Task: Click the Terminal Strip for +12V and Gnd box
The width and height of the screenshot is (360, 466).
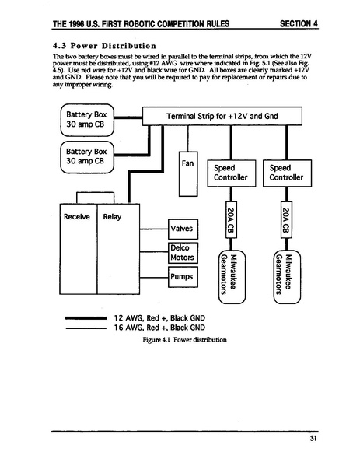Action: pos(222,117)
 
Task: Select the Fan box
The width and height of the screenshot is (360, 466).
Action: pos(187,173)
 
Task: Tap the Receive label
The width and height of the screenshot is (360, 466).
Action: pos(76,216)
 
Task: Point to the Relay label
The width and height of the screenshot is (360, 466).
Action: pos(112,216)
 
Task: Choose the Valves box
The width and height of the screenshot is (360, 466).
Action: pos(183,229)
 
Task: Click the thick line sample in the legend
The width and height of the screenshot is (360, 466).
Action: pos(79,318)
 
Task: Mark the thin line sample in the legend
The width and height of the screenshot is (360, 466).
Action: pos(79,328)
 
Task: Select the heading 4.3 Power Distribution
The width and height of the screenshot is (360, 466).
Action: pos(97,45)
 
